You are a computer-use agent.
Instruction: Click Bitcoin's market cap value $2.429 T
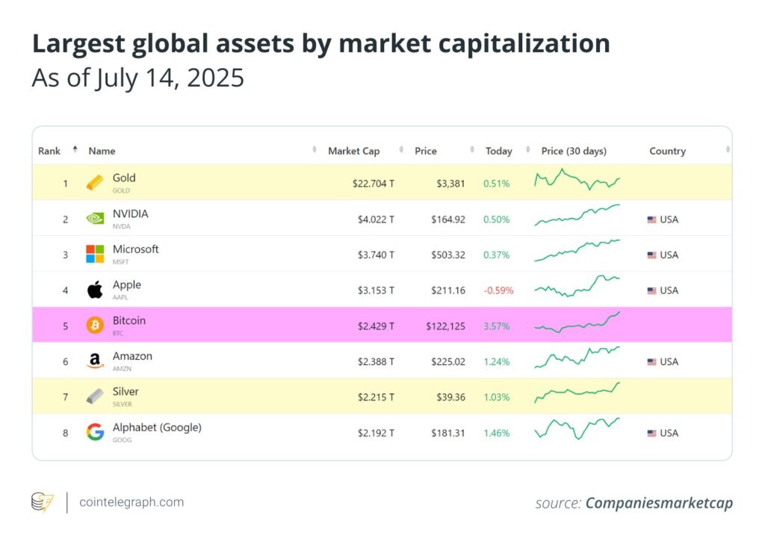tap(374, 326)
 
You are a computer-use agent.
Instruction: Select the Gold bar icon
tap(96, 183)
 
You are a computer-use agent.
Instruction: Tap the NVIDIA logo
tap(96, 219)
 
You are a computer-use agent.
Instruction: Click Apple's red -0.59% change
tap(498, 290)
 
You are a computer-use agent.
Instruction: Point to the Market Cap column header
tap(354, 151)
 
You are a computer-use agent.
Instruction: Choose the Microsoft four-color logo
tap(96, 254)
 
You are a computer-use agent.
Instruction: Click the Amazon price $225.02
tap(447, 362)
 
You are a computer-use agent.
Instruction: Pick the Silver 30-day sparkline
tap(577, 391)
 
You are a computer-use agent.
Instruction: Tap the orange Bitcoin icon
tap(96, 326)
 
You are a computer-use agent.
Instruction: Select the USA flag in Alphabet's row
tap(652, 433)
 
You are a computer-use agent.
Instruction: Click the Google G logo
tap(96, 432)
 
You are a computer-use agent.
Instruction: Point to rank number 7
tap(65, 397)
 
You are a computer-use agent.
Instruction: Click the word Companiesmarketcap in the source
tap(659, 503)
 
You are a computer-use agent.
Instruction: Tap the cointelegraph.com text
tap(131, 502)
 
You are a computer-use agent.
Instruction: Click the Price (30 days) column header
tap(574, 151)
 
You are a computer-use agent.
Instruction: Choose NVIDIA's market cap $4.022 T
tap(374, 219)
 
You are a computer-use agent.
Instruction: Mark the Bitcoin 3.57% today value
tap(497, 326)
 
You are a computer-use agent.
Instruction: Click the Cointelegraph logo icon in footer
tap(42, 502)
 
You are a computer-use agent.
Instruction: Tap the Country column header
tap(667, 151)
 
